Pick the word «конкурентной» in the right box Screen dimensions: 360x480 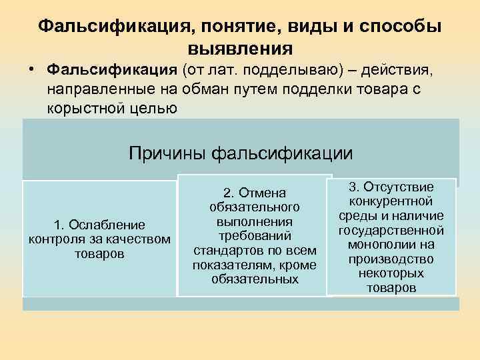[392, 202]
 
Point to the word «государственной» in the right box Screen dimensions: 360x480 [392, 231]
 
